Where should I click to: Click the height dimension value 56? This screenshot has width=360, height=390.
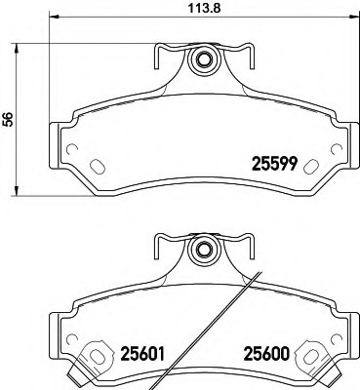(x=9, y=119)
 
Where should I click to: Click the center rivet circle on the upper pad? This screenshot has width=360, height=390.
(x=204, y=61)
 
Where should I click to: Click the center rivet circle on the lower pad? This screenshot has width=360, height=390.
(x=204, y=248)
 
